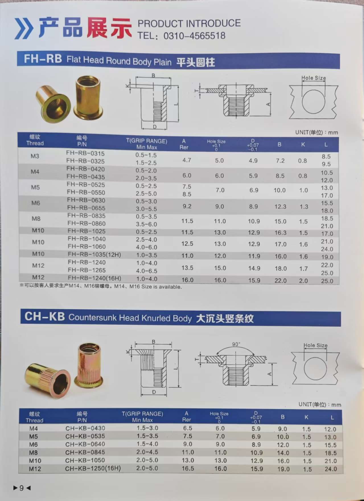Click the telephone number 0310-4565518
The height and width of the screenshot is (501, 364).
[194, 36]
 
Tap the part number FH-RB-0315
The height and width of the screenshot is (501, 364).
[85, 153]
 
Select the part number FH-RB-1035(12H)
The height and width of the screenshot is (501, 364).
[94, 254]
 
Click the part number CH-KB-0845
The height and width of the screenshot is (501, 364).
[85, 452]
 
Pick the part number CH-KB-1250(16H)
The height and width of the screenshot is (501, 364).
[93, 468]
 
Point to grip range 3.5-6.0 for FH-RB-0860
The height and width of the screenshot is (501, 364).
[146, 224]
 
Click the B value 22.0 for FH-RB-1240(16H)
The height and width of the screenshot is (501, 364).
[280, 281]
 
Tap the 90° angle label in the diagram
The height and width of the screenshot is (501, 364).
[236, 344]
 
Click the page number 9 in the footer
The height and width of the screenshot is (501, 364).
[22, 488]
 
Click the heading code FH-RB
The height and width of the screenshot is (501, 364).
[43, 59]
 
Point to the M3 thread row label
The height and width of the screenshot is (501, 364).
[35, 156]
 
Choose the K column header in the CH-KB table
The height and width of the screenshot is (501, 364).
[306, 417]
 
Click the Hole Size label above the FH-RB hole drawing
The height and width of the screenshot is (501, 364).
[314, 78]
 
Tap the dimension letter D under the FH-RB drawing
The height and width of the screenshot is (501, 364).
[155, 127]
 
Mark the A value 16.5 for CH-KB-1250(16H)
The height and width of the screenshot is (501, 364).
[188, 468]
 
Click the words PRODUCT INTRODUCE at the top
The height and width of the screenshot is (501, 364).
[189, 23]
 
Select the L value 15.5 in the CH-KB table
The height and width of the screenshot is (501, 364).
[330, 445]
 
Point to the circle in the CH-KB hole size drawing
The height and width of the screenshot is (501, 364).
[315, 369]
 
